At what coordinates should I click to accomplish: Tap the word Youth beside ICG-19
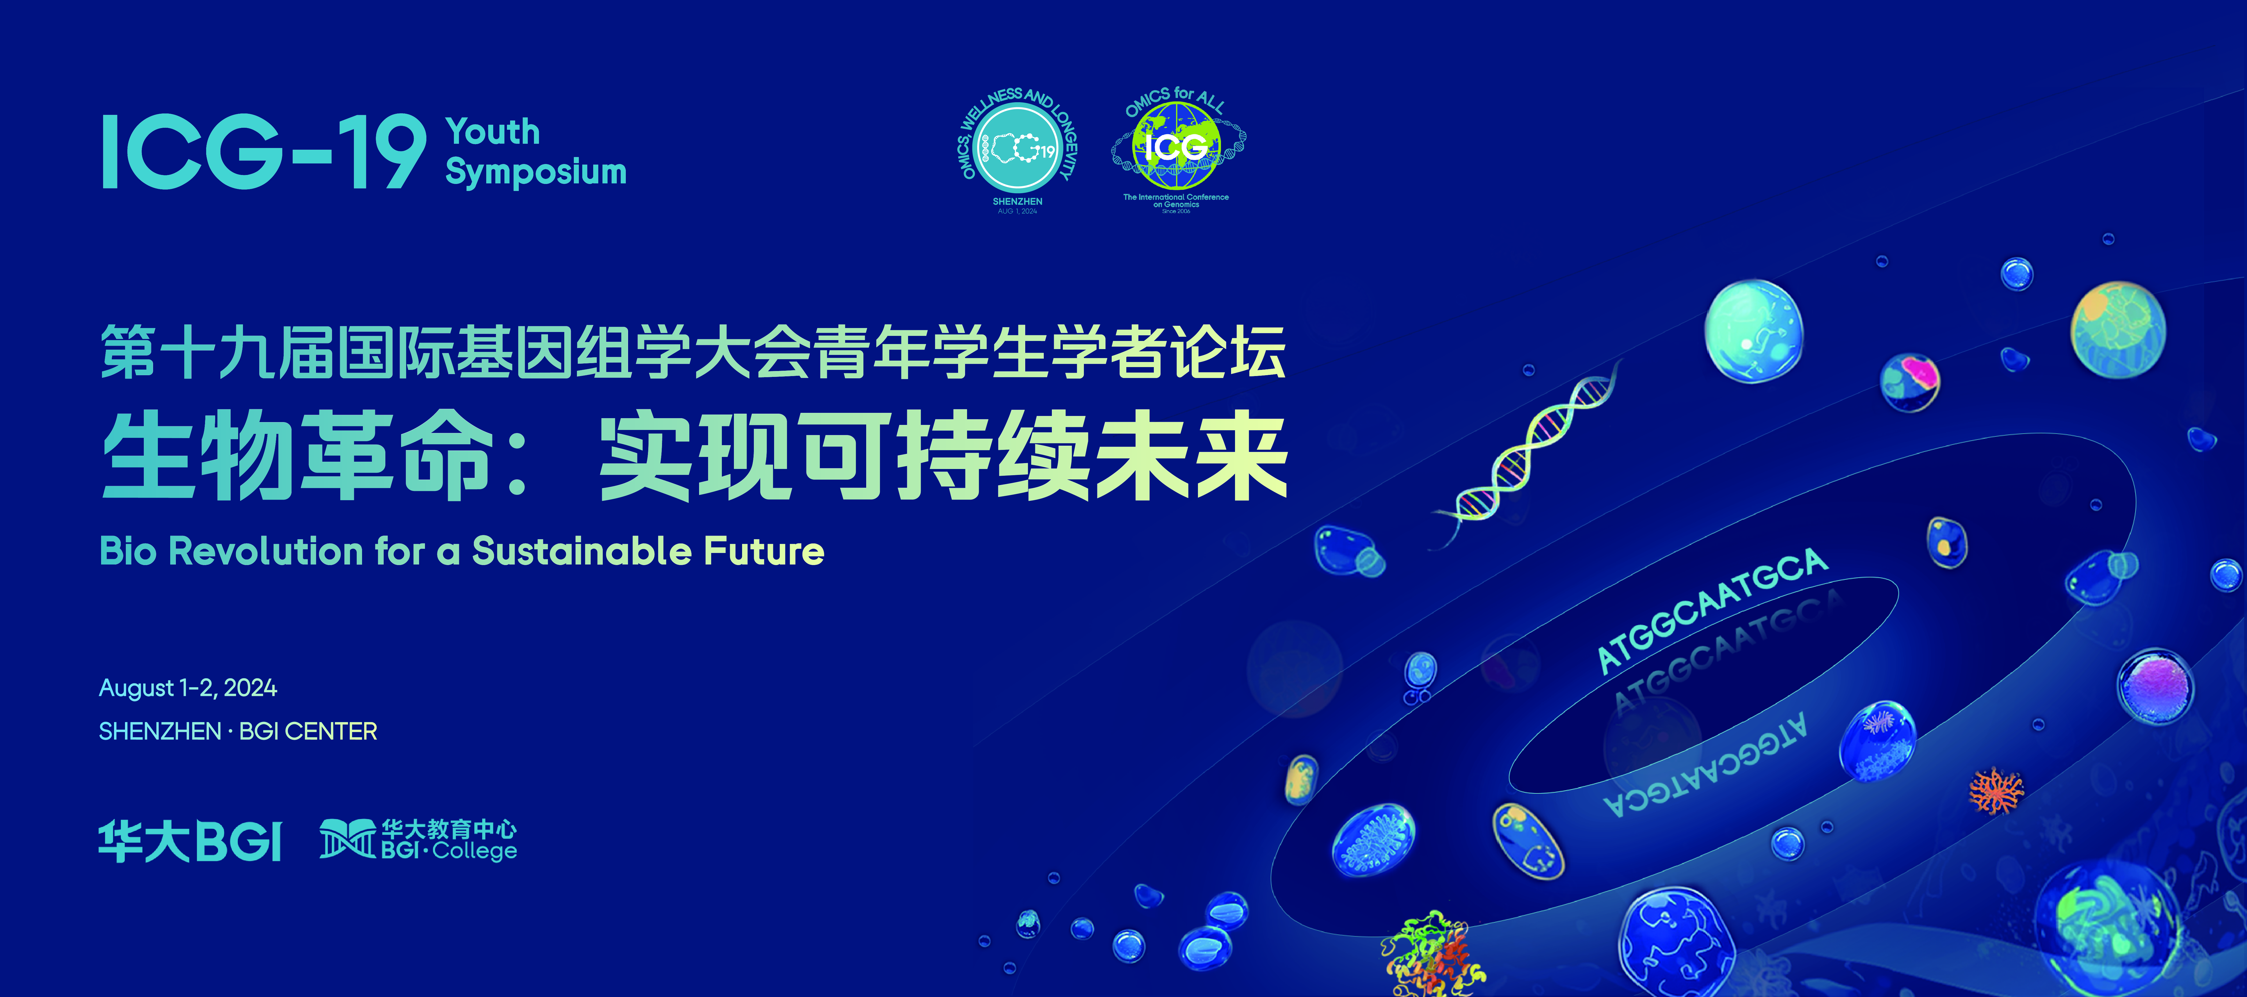493,132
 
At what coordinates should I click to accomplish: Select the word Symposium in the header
536,172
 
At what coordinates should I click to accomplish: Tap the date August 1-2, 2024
188,688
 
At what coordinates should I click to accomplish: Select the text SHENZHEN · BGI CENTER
237,731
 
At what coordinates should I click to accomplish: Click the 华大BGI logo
190,841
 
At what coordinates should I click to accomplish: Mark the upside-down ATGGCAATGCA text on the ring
1705,768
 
